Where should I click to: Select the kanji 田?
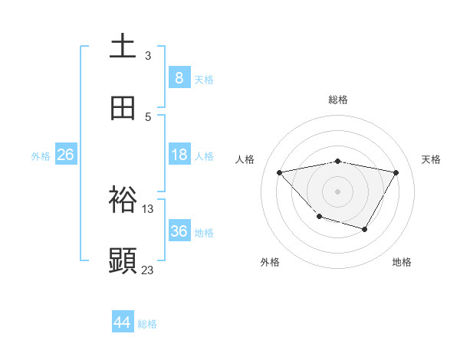pos(123,108)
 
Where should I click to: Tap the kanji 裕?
pos(123,200)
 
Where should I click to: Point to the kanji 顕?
pos(123,260)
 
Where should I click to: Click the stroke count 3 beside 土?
pos(148,56)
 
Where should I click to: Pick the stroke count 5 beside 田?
pos(148,117)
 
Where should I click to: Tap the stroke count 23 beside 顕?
pos(148,270)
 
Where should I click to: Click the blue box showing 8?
pos(179,78)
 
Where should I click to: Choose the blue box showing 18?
pos(179,155)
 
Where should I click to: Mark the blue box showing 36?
pos(179,231)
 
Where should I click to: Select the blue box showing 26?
pos(65,155)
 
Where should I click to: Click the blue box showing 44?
pos(123,322)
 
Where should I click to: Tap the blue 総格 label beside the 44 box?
pos(147,324)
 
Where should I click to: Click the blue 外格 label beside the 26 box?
pos(41,156)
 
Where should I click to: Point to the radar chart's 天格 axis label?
pos(432,159)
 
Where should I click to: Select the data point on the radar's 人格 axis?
pos(280,172)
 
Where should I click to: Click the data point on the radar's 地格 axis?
pos(365,229)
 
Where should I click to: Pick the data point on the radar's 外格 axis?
pos(319,217)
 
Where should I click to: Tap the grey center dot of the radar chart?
pos(337,191)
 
